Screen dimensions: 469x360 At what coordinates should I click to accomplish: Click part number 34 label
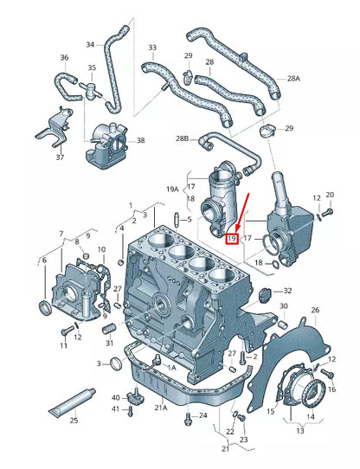[x=91, y=44]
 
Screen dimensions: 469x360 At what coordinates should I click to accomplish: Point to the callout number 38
[x=141, y=139]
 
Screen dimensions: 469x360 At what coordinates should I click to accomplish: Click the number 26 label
[x=315, y=310]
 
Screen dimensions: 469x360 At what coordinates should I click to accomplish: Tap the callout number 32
[x=287, y=291]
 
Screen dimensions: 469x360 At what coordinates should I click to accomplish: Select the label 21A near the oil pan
[x=161, y=408]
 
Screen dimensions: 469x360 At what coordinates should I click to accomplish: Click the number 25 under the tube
[x=74, y=421]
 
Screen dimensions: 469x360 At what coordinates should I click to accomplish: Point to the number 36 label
[x=63, y=58]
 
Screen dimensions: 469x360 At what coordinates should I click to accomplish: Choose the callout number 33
[x=152, y=48]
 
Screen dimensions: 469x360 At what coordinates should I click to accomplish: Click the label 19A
[x=171, y=188]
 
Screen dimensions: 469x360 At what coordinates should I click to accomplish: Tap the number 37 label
[x=61, y=158]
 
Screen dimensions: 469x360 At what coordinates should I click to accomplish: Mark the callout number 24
[x=203, y=415]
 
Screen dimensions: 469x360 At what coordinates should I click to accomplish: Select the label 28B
[x=182, y=138]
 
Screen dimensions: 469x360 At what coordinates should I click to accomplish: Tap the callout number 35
[x=92, y=67]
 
